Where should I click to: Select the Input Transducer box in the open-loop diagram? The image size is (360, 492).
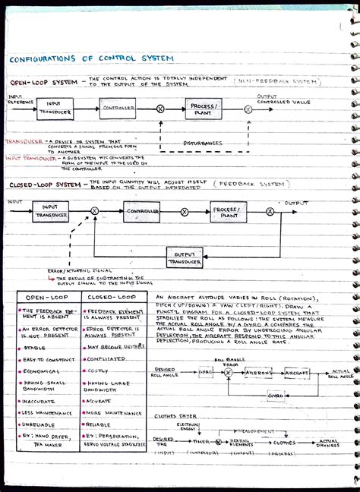pos(54,108)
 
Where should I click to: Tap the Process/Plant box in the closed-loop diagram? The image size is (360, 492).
pos(229,212)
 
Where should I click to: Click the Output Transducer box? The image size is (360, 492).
pos(185,258)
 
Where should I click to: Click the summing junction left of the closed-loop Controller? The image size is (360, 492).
pos(94,210)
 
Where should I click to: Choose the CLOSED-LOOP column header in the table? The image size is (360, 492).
pos(111,297)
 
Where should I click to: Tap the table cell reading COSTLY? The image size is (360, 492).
pos(99,371)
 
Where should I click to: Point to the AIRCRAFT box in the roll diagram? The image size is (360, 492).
pos(297,373)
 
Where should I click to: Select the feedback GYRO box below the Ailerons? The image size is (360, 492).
pos(276,396)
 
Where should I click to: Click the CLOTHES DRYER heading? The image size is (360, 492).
pos(175,416)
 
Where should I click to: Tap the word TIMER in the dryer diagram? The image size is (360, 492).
pos(201,441)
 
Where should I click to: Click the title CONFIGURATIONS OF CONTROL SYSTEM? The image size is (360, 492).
pos(90,58)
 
